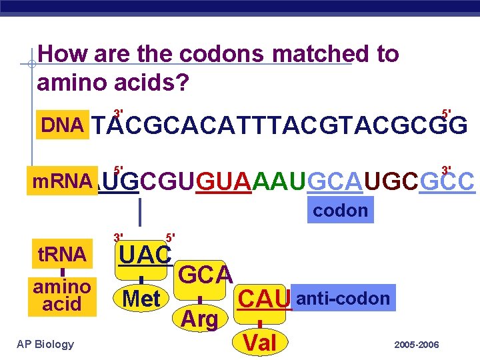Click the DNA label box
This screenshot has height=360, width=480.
pos(63,125)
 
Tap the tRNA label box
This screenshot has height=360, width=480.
pos(62,254)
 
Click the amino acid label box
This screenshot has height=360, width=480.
pos(62,295)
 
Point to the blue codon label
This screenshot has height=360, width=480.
pos(341,211)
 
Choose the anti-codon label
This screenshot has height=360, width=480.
pos(343,298)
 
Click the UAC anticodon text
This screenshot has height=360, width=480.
pos(145,254)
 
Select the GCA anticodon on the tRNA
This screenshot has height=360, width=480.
pos(206,274)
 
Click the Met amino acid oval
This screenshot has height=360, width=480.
pos(142,299)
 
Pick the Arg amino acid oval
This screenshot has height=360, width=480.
pos(199,319)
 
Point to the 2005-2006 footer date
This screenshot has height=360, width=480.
pos(416,345)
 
